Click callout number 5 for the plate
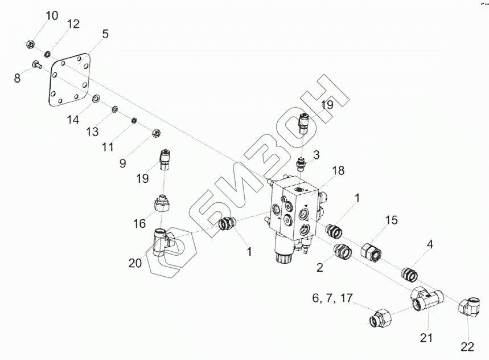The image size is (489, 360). coord(105,34)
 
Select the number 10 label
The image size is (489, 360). coord(52,15)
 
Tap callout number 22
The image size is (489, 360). coord(467,346)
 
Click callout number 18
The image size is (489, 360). coord(338,171)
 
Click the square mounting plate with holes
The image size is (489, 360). coord(69,80)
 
